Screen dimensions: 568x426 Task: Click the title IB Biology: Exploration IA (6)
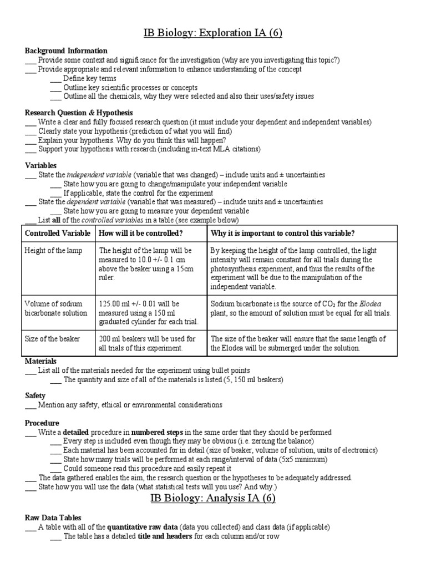213,33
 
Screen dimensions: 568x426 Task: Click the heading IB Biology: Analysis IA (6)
213,498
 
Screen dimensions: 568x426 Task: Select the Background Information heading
66,51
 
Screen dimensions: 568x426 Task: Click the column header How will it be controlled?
141,233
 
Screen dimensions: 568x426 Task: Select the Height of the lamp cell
53,251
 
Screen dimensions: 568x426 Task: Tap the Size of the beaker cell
52,338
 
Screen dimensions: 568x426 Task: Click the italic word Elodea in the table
370,303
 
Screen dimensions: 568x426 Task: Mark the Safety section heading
35,396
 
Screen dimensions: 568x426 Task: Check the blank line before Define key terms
55,79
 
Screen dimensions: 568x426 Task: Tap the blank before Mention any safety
31,405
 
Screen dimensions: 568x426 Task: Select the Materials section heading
41,361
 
